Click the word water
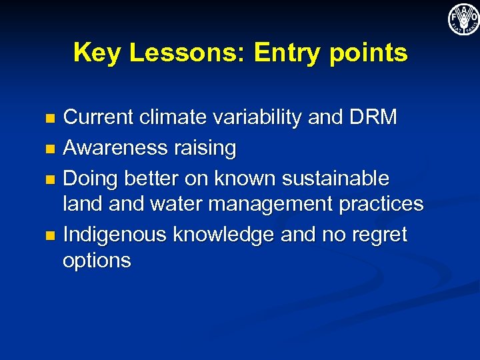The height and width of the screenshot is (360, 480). click(173, 203)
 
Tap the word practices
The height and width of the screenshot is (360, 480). click(381, 204)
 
